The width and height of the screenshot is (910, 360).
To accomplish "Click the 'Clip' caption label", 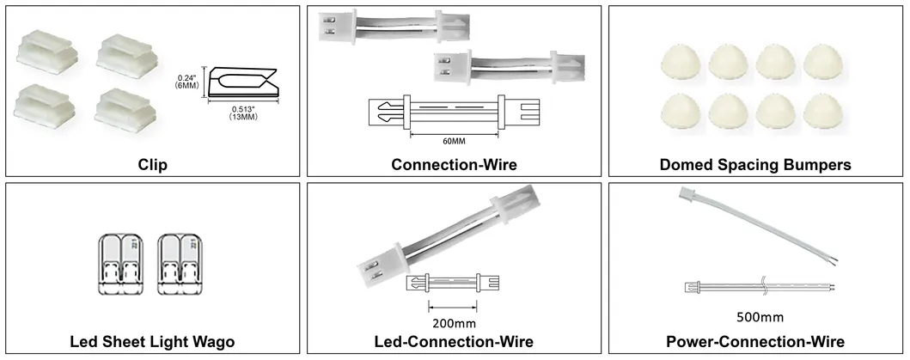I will pos(152,163).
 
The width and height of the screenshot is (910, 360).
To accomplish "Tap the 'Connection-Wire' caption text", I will pos(455,163).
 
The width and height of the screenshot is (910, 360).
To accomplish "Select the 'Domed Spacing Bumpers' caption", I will pos(755,163).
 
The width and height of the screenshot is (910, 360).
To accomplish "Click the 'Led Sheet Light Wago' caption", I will pos(152,342).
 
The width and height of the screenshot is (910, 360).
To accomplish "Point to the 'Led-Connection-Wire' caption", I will pos(455,342).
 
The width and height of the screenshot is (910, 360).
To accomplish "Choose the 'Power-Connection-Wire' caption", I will pos(755,342).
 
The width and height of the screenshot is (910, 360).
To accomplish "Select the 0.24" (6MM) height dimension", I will pos(186,81).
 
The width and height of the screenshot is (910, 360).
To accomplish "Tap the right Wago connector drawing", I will pos(181,265).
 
